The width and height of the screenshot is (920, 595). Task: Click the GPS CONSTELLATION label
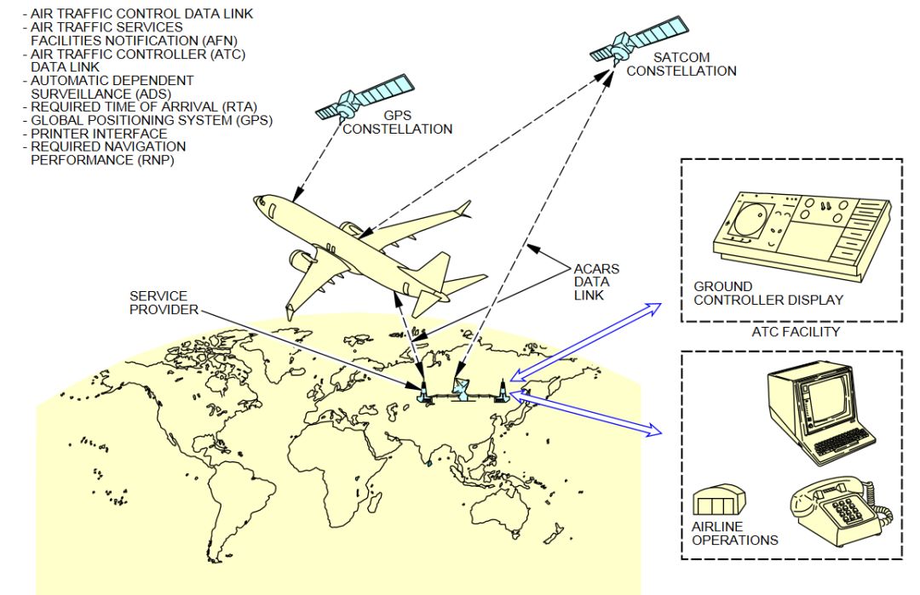(397, 123)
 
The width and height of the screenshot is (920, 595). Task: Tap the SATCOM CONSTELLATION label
(681, 64)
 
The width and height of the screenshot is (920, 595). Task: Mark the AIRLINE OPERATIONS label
(734, 533)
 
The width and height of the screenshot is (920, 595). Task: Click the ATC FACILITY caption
(791, 331)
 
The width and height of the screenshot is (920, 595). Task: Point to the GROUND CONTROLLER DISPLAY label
(768, 293)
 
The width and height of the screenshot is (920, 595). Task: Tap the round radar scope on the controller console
(748, 219)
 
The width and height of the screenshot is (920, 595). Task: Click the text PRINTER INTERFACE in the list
(99, 134)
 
